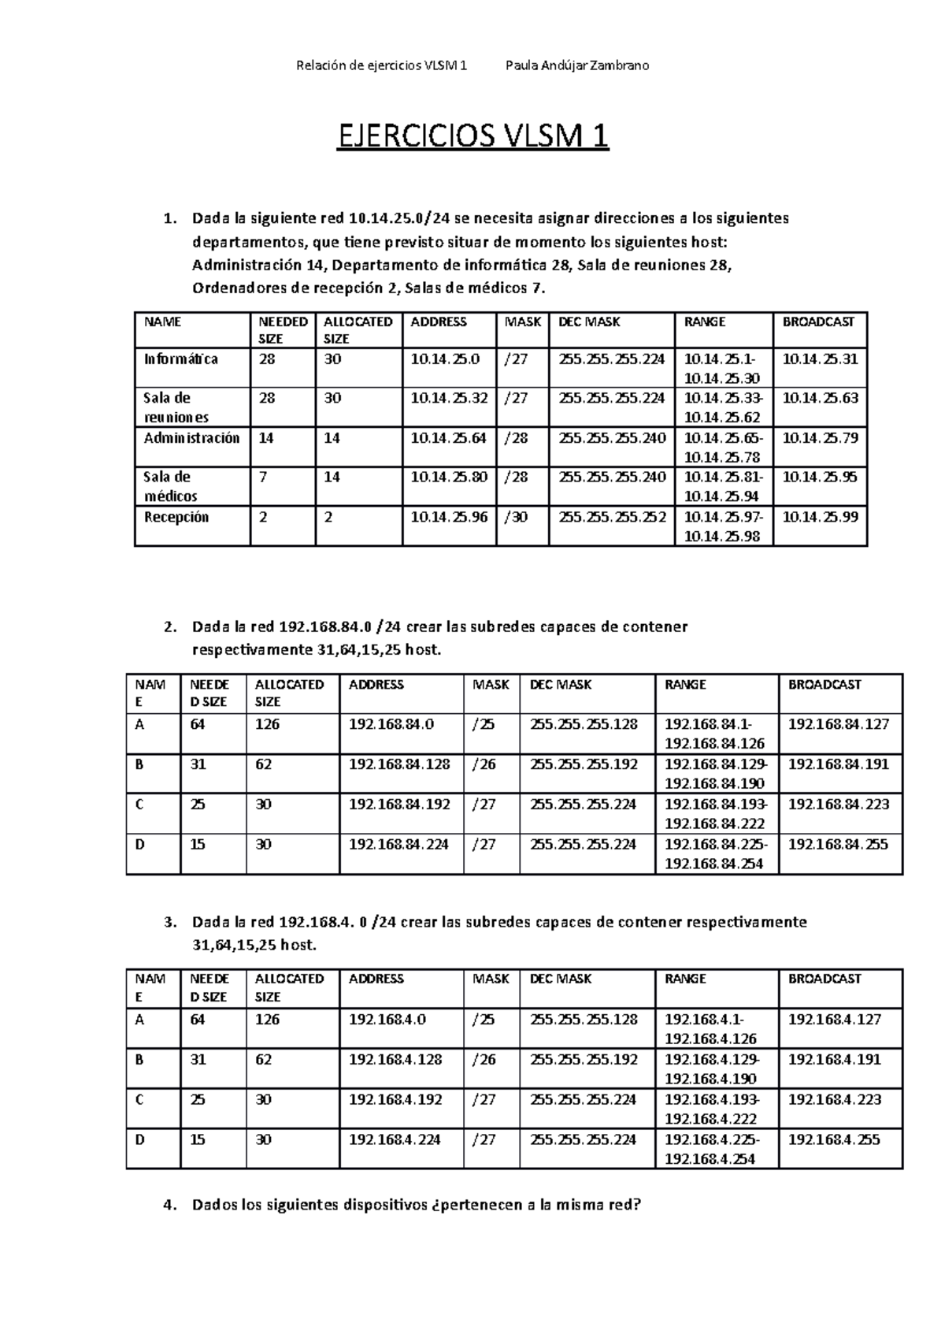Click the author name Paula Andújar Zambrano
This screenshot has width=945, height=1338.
pos(576,65)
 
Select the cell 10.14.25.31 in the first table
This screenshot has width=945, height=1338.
pos(819,359)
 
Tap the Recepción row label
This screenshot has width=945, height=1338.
pos(176,518)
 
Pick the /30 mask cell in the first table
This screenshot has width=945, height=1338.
pos(516,518)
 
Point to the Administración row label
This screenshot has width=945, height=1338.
pos(191,438)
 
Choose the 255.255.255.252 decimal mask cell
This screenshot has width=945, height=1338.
pos(611,518)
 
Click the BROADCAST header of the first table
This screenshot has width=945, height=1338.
pos(817,321)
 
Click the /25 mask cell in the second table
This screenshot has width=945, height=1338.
pos(483,724)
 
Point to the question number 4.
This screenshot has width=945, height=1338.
pos(166,1205)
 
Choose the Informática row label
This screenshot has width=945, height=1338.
pos(180,359)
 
